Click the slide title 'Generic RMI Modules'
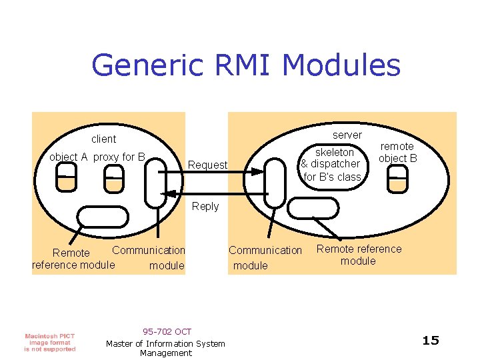click(x=245, y=66)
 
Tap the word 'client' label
click(x=103, y=139)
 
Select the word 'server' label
click(x=347, y=135)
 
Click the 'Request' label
click(x=207, y=165)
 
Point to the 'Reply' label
click(x=205, y=207)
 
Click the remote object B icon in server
click(x=397, y=180)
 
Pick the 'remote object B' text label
click(x=397, y=152)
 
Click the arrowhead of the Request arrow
click(x=259, y=171)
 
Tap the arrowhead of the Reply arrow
click(x=169, y=194)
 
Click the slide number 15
click(x=431, y=341)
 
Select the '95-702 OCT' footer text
click(x=167, y=331)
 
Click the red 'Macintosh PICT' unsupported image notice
click(x=50, y=342)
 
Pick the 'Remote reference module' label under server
click(x=359, y=255)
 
